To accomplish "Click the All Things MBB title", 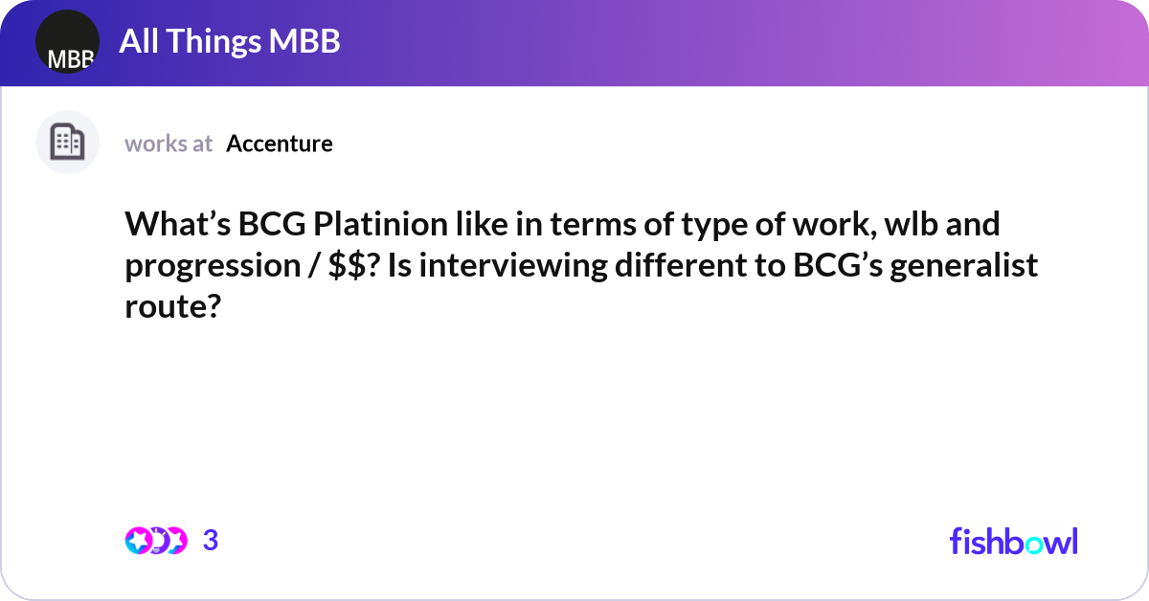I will (230, 42).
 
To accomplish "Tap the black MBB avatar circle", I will (67, 43).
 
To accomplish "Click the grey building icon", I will (67, 143).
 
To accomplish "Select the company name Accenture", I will (280, 144).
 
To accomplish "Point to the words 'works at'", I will (169, 144).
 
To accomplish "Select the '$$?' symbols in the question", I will (359, 267).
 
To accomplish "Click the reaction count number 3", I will (211, 541).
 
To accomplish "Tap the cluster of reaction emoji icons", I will (155, 541).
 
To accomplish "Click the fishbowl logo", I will (1013, 541).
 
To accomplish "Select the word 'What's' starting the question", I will (176, 226).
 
